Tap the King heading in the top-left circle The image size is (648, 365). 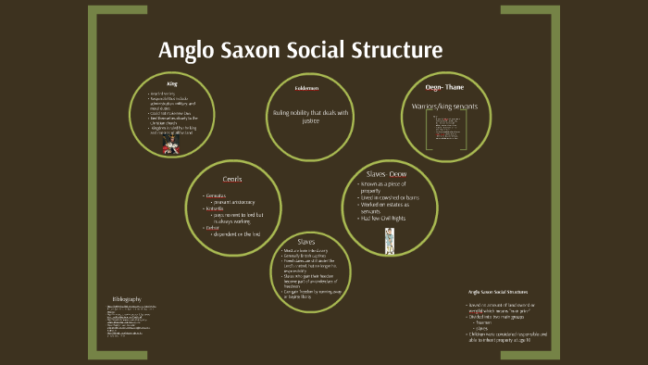pos(171,84)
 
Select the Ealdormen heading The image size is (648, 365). pos(306,89)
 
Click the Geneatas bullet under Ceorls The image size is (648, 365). pos(221,195)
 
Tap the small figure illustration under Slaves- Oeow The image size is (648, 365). pos(389,241)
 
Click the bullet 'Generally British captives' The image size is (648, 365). pos(306,256)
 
